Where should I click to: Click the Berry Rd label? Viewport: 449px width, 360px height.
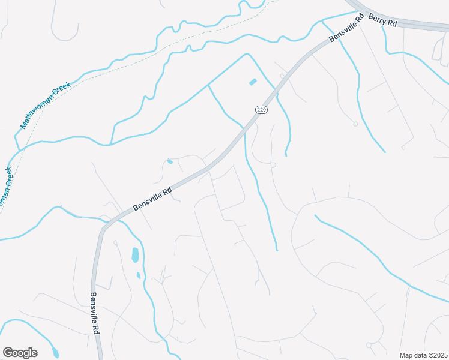coord(383,21)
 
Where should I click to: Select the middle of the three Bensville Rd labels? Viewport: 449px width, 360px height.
coord(152,198)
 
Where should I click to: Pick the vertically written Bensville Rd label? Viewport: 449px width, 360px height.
coord(95,313)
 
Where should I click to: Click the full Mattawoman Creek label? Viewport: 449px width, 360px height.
coord(45,105)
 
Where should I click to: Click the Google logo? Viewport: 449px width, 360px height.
coord(20,353)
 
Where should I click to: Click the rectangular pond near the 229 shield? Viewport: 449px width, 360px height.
coord(253,82)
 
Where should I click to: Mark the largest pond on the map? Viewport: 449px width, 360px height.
coord(136,255)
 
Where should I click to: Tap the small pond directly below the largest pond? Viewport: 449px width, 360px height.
coord(139,275)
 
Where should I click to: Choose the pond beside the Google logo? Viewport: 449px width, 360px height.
coord(55,352)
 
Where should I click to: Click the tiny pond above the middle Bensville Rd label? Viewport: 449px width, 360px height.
coord(170,161)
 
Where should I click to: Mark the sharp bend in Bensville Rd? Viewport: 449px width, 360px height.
coord(103,228)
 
